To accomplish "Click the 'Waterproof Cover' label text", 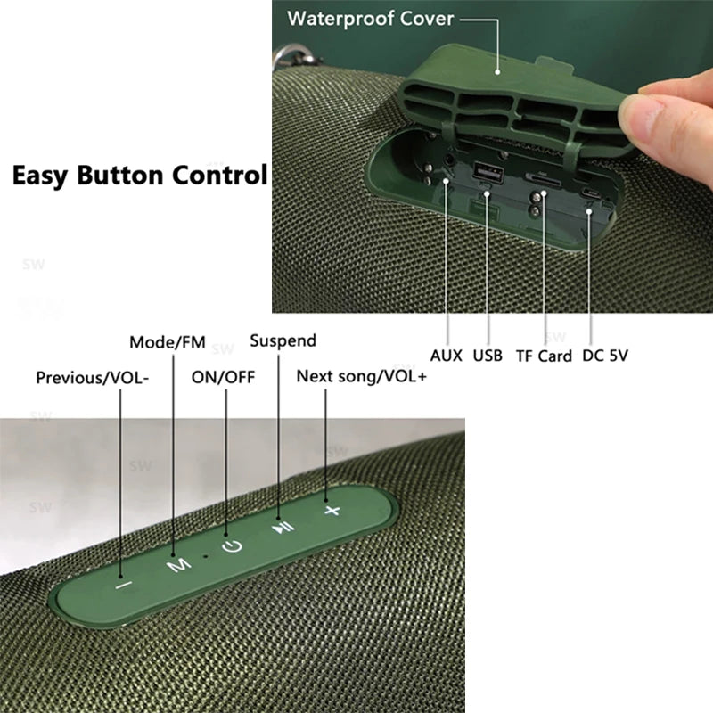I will [371, 18].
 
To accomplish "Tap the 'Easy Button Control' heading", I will [139, 174].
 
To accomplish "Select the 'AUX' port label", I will [447, 356].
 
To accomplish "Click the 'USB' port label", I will [488, 356].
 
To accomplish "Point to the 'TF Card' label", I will [544, 356].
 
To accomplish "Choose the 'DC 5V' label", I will [606, 356].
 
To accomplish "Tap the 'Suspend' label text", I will [283, 340].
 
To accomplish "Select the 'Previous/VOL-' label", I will [93, 377].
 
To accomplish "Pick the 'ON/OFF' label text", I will [223, 377].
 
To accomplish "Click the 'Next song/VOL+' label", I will [362, 376].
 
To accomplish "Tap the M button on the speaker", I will [180, 563].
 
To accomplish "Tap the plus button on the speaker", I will [332, 511].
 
